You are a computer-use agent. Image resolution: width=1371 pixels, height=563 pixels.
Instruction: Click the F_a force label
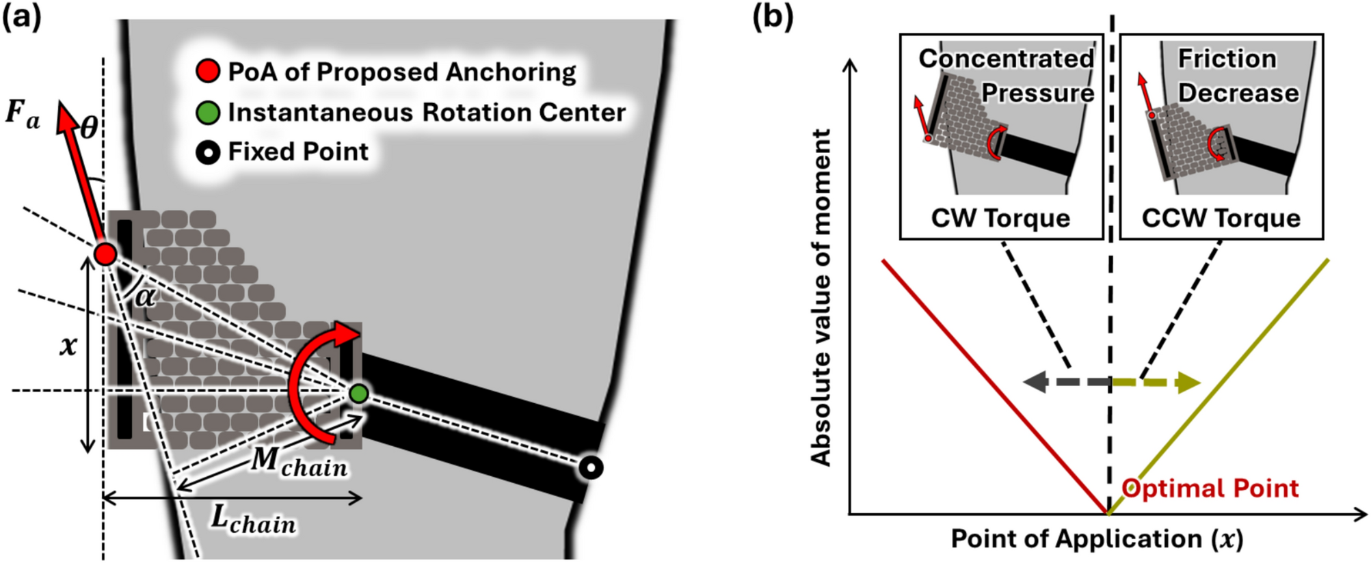(23, 113)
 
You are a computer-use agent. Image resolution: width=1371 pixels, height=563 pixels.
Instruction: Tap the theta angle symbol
(89, 128)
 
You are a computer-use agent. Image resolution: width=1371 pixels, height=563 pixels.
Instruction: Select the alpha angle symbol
(144, 297)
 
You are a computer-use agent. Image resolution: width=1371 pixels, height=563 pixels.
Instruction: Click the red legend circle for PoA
(208, 71)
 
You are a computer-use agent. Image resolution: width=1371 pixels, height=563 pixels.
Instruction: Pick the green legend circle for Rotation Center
(208, 112)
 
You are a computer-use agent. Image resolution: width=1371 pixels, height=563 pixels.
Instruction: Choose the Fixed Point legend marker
(208, 152)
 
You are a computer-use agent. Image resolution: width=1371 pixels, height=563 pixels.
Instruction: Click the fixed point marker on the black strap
(590, 468)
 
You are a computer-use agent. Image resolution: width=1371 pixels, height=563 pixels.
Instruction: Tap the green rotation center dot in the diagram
(358, 394)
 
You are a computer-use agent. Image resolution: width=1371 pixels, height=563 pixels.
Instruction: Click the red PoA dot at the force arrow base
(105, 254)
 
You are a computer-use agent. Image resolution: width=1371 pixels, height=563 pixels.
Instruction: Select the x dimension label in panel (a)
(68, 345)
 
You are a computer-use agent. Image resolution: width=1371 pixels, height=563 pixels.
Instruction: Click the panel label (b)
(773, 16)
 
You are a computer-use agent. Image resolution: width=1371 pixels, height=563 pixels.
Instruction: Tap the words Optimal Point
(1210, 489)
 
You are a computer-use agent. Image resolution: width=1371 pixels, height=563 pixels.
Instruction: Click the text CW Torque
(1000, 219)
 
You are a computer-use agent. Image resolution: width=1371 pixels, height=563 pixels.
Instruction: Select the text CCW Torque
(1221, 219)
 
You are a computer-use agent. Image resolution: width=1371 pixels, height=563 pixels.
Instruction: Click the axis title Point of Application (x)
(1096, 539)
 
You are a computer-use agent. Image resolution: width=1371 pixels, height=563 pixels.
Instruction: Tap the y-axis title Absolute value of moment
(820, 297)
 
